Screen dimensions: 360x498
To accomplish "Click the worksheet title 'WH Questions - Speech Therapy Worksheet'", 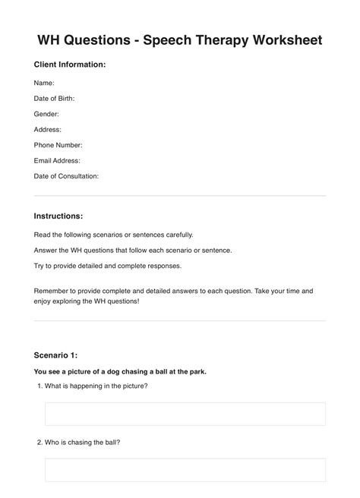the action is coord(180,39).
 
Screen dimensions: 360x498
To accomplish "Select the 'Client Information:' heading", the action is coord(70,65).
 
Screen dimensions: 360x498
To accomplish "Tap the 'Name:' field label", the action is coord(44,83).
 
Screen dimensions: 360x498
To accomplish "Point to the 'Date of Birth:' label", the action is coord(54,98).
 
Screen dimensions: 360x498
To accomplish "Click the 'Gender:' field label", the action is coord(46,114).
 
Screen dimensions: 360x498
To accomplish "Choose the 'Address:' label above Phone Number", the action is coord(48,129).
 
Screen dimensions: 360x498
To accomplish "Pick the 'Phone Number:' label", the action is coord(58,145).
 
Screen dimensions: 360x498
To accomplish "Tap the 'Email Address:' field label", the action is coord(57,161).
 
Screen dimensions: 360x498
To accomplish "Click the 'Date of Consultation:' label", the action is coord(66,176).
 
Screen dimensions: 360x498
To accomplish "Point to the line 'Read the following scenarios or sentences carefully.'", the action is coord(114,235).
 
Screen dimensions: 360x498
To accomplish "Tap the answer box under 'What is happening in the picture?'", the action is coord(185,414).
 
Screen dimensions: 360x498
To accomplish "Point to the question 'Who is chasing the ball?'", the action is coord(82,442).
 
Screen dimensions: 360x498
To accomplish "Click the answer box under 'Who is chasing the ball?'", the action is coord(185,469).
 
